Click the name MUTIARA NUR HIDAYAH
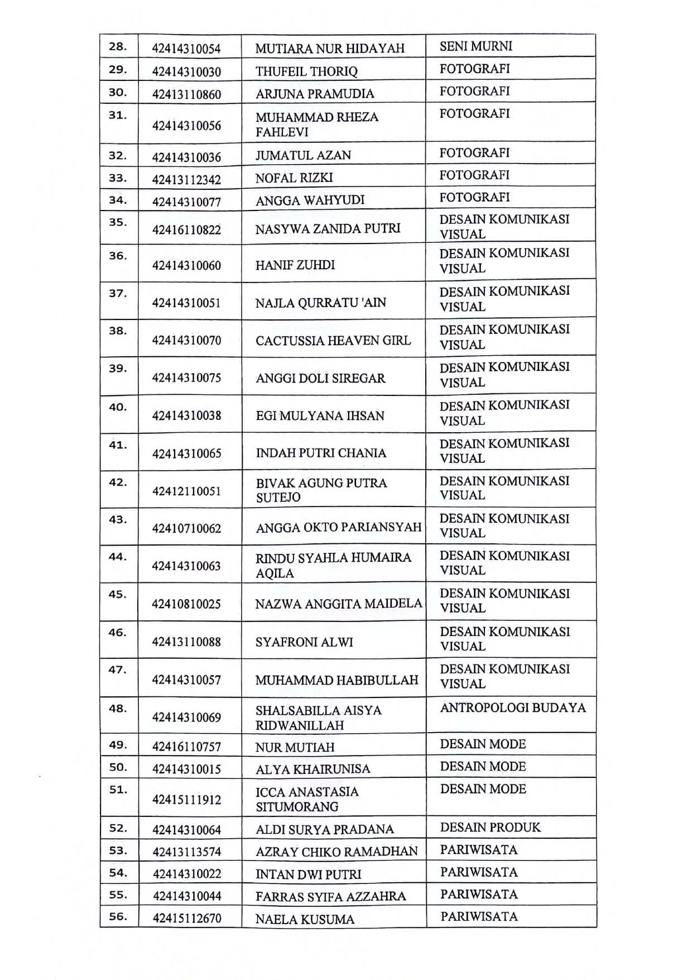[330, 49]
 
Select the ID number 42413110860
[186, 94]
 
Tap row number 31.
[117, 116]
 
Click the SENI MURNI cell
[475, 46]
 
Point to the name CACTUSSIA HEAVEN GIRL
[333, 341]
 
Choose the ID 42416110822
[186, 230]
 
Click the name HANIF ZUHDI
[295, 265]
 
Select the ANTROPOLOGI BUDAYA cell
[513, 708]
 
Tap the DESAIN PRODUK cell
[490, 828]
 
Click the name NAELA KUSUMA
[305, 919]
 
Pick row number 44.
[117, 557]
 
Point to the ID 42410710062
[186, 528]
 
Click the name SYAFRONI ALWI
[304, 642]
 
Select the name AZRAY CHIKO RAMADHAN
[337, 852]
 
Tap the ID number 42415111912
[186, 800]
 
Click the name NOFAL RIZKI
[294, 178]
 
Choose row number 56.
[117, 916]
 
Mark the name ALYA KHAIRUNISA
[313, 769]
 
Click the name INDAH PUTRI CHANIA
[321, 453]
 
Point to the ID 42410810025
[186, 604]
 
